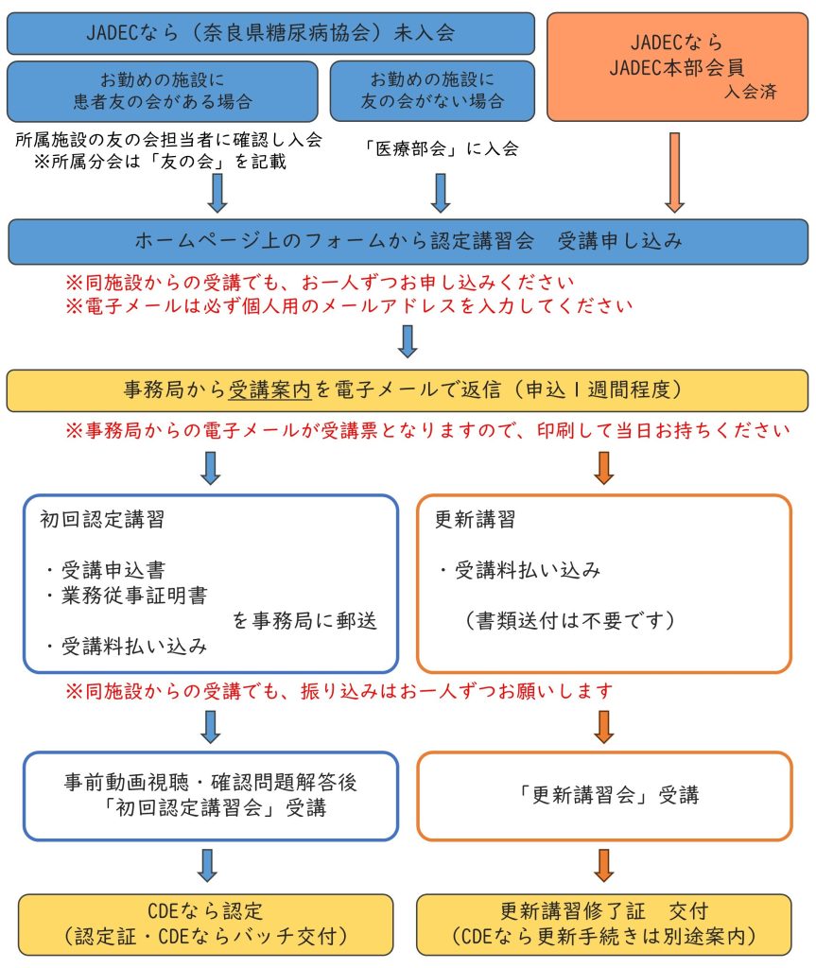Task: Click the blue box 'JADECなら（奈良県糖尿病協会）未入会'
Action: pyautogui.click(x=270, y=33)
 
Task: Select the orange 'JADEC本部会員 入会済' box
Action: pyautogui.click(x=676, y=66)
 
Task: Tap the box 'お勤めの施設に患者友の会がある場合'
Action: pyautogui.click(x=162, y=91)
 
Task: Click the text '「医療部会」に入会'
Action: pyautogui.click(x=440, y=148)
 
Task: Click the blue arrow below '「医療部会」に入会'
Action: pyautogui.click(x=441, y=192)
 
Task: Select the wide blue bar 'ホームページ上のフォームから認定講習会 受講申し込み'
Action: pyautogui.click(x=408, y=241)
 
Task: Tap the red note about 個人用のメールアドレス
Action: pyautogui.click(x=348, y=305)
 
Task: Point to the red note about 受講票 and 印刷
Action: pyautogui.click(x=426, y=431)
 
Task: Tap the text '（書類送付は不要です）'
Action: pyautogui.click(x=568, y=620)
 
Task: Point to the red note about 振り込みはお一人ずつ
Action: pyautogui.click(x=339, y=690)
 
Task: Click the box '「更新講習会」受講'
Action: pyautogui.click(x=604, y=795)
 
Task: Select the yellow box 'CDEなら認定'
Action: pyautogui.click(x=206, y=924)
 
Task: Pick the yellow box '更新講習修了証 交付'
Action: pyautogui.click(x=603, y=924)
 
